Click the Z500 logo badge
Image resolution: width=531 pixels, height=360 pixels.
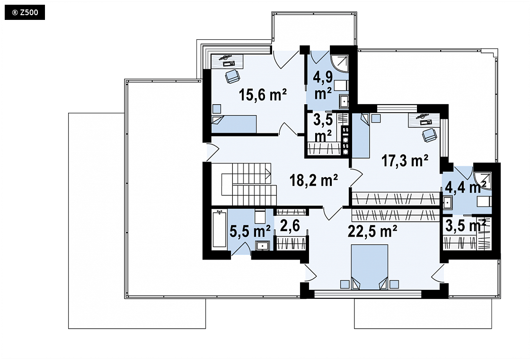click(25, 12)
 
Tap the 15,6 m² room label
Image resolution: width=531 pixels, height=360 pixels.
click(263, 95)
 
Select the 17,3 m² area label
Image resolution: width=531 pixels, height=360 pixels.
click(405, 161)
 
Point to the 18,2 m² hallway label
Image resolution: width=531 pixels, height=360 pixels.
click(314, 180)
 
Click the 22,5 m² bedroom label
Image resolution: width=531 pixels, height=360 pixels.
click(372, 232)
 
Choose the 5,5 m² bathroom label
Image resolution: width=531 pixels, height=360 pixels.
click(250, 231)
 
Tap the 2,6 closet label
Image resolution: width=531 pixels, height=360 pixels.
click(290, 225)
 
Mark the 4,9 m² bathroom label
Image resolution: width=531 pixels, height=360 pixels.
click(323, 85)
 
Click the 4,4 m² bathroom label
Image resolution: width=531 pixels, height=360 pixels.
click(466, 187)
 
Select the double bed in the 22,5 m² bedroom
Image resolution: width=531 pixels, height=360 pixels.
click(370, 267)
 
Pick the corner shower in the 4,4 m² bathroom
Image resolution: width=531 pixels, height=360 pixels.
click(483, 180)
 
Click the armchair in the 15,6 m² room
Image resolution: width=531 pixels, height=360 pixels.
click(232, 76)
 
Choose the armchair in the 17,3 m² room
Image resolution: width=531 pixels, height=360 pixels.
click(429, 135)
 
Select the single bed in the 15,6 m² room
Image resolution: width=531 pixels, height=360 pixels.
click(234, 124)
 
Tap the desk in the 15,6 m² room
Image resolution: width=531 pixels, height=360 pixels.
click(228, 61)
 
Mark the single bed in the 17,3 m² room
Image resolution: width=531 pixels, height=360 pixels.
click(361, 135)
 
